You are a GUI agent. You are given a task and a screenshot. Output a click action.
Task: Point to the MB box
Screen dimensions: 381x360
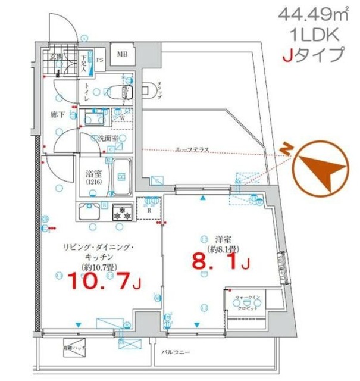click(x=122, y=55)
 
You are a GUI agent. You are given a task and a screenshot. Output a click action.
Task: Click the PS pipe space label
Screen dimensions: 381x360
click(x=99, y=60)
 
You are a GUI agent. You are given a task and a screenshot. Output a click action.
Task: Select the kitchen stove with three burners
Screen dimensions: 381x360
click(x=123, y=213)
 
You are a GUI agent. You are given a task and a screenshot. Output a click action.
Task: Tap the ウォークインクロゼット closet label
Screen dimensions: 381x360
click(x=245, y=299)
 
